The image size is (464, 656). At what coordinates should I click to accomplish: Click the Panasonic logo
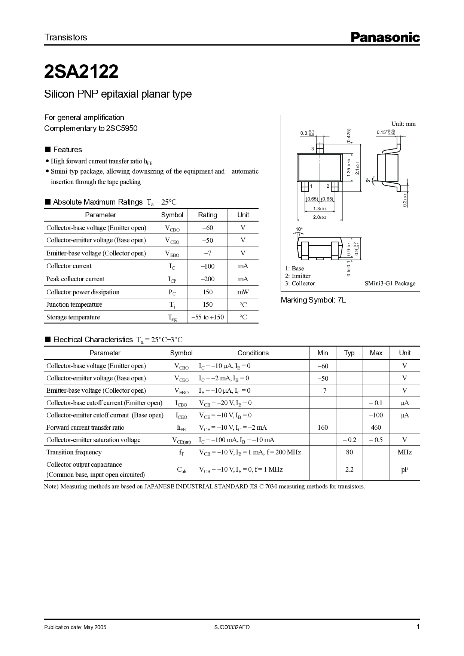tap(385, 37)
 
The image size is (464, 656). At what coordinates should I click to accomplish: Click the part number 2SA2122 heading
tap(81, 72)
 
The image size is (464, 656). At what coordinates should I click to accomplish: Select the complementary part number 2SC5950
tap(122, 128)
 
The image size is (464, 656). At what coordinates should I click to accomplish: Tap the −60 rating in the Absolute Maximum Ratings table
tap(207, 228)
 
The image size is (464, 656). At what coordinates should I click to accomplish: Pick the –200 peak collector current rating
tap(207, 279)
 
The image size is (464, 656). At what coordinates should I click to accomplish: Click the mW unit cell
tap(243, 292)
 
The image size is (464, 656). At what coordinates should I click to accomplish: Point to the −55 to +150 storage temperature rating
tap(207, 317)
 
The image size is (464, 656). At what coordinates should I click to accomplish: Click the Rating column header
tap(207, 215)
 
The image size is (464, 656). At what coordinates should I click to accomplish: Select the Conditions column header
tap(253, 353)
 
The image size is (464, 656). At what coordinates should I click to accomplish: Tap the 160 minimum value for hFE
tap(323, 427)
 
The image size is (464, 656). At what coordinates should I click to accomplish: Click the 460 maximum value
tap(376, 427)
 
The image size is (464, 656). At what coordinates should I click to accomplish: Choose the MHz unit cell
tap(405, 452)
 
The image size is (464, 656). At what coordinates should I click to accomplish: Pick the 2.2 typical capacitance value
tap(349, 469)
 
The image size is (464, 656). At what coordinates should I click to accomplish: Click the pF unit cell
tap(405, 469)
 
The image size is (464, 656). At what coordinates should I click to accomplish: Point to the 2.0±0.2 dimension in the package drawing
tap(320, 217)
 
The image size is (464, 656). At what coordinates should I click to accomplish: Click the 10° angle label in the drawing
tap(299, 229)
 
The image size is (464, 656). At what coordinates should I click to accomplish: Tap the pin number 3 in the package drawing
tap(312, 149)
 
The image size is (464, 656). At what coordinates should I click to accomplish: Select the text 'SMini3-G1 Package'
tap(390, 283)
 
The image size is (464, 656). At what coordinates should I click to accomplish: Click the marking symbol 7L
tap(341, 300)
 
